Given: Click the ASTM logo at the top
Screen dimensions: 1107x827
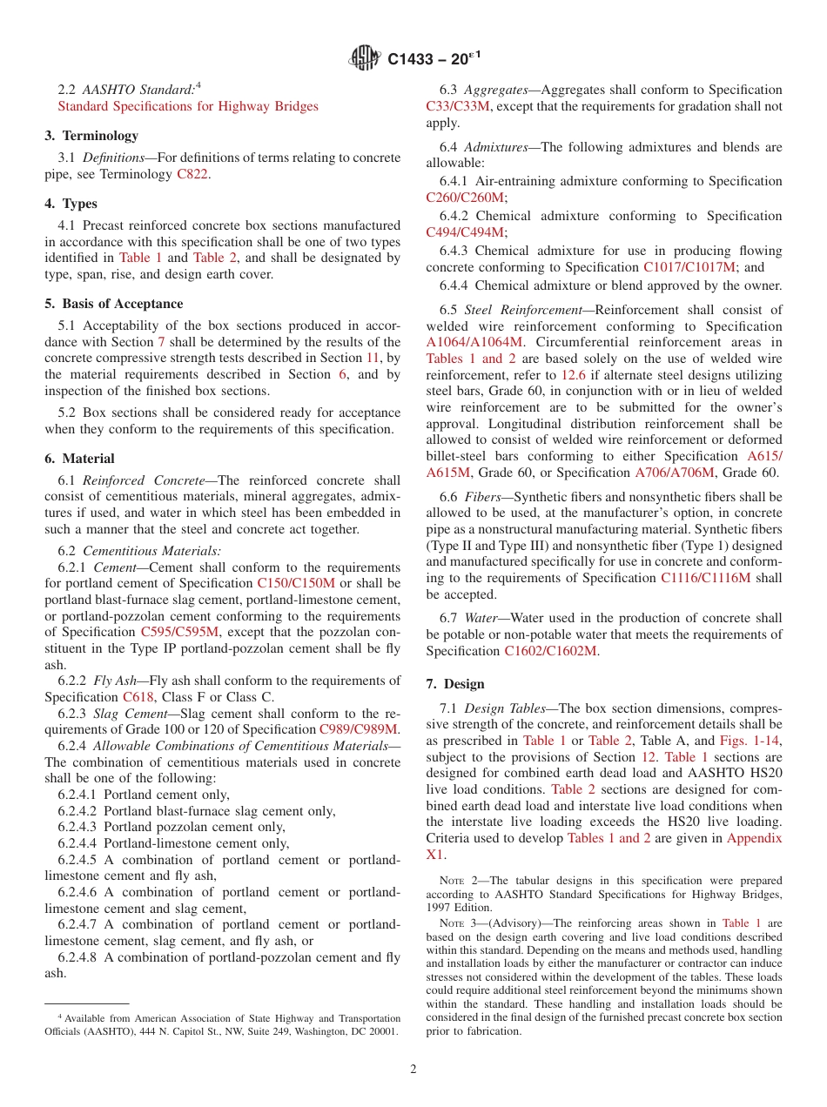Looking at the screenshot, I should coord(365,58).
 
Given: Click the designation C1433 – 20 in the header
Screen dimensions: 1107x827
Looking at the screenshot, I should coord(434,59).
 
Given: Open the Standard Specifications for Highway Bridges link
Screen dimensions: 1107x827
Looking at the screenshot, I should coord(187,106).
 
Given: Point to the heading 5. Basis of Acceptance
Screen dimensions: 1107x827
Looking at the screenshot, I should coord(114,304).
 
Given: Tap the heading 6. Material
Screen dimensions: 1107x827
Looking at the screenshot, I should coord(80,459).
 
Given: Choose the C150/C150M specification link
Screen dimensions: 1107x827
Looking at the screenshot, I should coord(296,583).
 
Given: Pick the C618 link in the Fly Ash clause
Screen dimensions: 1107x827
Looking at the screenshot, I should coord(138,697).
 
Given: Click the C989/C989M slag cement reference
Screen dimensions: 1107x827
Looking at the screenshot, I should coord(359,729).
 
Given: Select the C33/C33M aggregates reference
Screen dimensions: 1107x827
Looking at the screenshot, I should coord(458,106).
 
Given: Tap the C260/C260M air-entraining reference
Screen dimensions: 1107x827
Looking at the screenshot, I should coord(465,198).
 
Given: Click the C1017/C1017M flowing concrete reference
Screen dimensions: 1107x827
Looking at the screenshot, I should coord(689,267).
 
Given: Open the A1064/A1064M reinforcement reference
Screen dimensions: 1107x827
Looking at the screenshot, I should coord(474,342).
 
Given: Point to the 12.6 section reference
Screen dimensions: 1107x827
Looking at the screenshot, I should coord(573,375).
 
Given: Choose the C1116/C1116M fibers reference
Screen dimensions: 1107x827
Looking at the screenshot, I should coord(705,578).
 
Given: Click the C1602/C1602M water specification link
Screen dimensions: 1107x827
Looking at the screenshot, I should coord(550,651).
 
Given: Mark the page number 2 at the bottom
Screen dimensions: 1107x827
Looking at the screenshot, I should coord(413,1069).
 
